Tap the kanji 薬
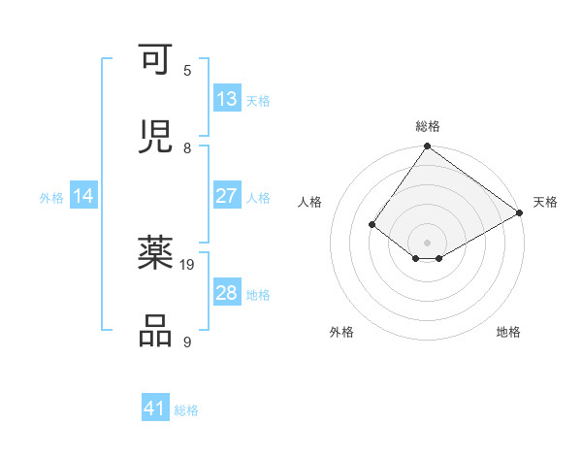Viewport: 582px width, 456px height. [156, 255]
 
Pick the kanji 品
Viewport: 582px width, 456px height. [156, 330]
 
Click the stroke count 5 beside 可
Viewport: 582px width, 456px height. [187, 71]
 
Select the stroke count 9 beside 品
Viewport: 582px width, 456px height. [187, 342]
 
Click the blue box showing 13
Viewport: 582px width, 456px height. [226, 99]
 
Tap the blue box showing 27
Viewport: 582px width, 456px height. [226, 196]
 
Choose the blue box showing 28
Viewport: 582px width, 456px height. [226, 293]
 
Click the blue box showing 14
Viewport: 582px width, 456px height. [83, 196]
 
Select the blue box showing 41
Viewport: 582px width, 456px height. [155, 408]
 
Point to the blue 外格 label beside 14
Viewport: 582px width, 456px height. [51, 198]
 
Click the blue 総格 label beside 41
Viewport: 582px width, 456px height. [186, 410]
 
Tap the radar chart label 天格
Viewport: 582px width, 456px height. [545, 202]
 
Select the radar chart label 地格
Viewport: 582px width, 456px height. [508, 332]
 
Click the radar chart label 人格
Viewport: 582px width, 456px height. [310, 202]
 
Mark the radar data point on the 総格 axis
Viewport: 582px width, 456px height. [427, 147]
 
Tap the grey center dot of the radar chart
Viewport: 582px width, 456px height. [427, 242]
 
